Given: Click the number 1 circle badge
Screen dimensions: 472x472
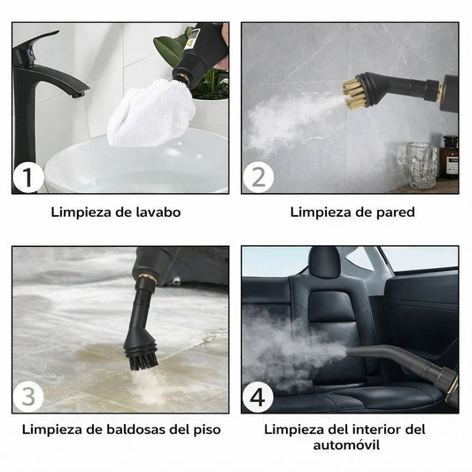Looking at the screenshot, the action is (x=28, y=177).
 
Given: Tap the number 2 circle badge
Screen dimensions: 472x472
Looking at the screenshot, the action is (x=259, y=177).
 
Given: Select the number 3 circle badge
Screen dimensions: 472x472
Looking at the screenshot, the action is (x=28, y=397).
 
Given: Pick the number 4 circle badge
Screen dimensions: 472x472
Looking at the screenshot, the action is (x=258, y=397).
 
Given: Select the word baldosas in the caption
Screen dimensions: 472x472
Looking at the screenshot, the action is (x=126, y=429).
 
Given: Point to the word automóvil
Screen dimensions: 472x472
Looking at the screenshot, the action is (x=346, y=445).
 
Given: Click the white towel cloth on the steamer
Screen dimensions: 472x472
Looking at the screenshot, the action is (x=152, y=112).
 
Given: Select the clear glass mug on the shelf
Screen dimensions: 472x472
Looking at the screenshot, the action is (x=418, y=165).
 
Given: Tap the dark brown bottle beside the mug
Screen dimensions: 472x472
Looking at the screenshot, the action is (x=450, y=157).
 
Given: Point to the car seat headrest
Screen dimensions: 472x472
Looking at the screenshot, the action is (x=324, y=262).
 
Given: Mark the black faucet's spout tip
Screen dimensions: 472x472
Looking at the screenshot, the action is (x=78, y=95).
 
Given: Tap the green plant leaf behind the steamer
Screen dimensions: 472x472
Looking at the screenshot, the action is (x=168, y=50).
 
